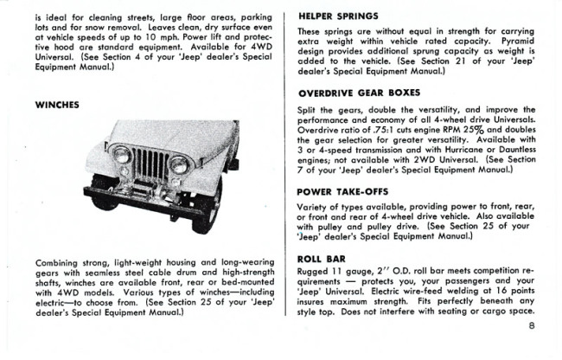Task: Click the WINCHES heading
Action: pyautogui.click(x=57, y=104)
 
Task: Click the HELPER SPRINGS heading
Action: pyautogui.click(x=339, y=16)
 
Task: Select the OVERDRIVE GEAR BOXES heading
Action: pyautogui.click(x=359, y=93)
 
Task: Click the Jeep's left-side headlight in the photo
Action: pyautogui.click(x=123, y=156)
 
